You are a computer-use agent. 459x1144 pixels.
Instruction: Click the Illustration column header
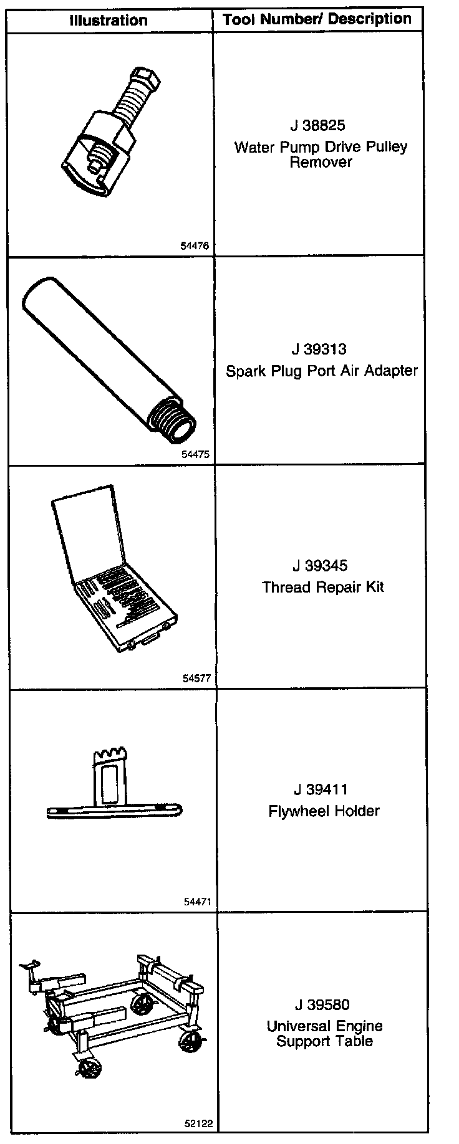(108, 20)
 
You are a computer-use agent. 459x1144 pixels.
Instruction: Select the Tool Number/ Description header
(317, 19)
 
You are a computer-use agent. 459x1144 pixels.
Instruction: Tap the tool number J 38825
(317, 125)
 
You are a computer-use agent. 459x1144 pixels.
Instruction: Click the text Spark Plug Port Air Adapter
(321, 371)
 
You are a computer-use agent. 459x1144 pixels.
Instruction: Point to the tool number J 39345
(320, 566)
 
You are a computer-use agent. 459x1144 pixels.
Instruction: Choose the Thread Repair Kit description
(323, 587)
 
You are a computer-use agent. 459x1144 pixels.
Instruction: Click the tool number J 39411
(320, 789)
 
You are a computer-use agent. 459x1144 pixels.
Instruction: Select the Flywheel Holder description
(324, 811)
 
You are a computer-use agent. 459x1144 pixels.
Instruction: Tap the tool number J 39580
(322, 1004)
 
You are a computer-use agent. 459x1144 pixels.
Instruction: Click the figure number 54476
(195, 245)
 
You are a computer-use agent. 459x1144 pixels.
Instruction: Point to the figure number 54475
(195, 454)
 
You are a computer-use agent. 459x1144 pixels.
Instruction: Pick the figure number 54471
(198, 901)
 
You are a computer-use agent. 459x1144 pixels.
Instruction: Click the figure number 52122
(198, 1124)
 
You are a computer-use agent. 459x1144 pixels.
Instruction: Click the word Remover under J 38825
(321, 162)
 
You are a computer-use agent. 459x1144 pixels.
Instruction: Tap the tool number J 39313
(318, 350)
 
